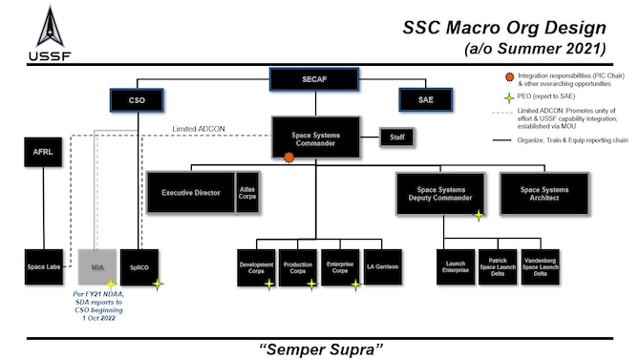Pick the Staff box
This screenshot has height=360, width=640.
point(397,138)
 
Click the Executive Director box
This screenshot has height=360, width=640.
point(189,193)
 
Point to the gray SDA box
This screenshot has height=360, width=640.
point(97,267)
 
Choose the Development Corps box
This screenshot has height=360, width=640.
point(256,267)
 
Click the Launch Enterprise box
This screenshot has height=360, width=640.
point(456,267)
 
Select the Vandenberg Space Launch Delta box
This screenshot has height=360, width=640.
point(541,267)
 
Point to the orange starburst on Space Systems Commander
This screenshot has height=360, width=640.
point(288,158)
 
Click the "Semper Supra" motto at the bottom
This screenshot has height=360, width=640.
point(320,345)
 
